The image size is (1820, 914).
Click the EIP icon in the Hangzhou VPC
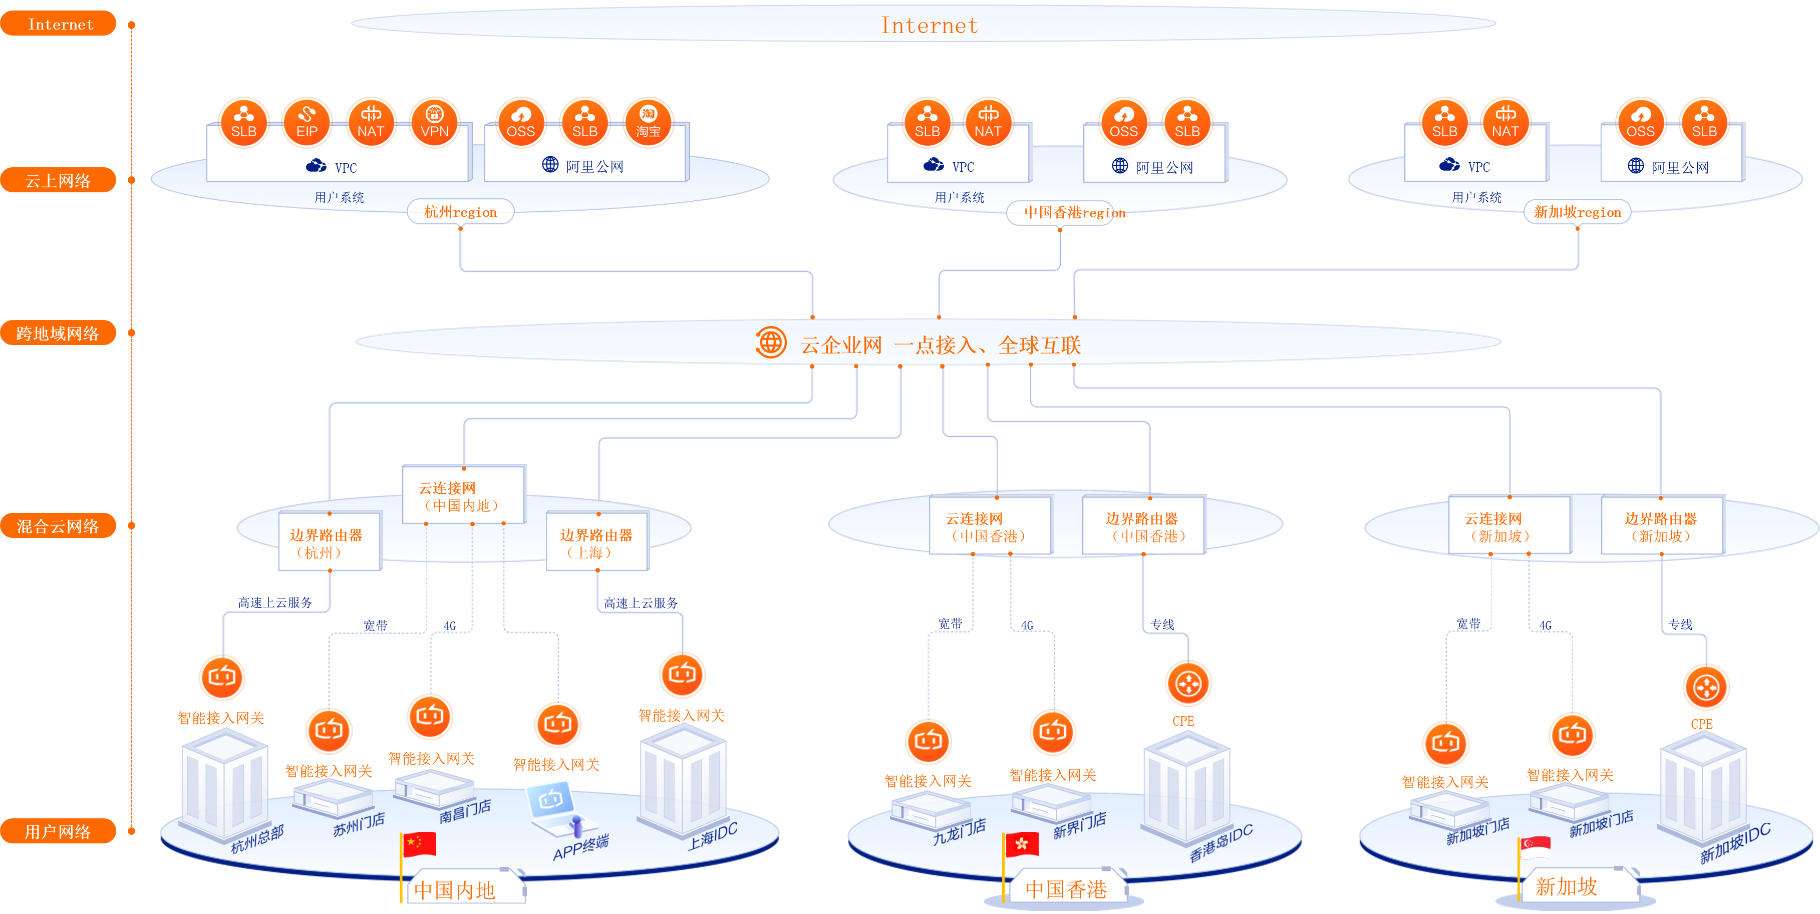click(307, 122)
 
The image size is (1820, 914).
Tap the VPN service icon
click(435, 122)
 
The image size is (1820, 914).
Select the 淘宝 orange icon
click(648, 122)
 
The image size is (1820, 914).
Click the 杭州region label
click(461, 212)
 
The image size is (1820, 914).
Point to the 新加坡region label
click(1577, 212)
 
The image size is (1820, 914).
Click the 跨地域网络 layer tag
click(58, 333)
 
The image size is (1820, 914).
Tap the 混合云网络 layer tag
click(58, 525)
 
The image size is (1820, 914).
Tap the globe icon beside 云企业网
click(771, 343)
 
